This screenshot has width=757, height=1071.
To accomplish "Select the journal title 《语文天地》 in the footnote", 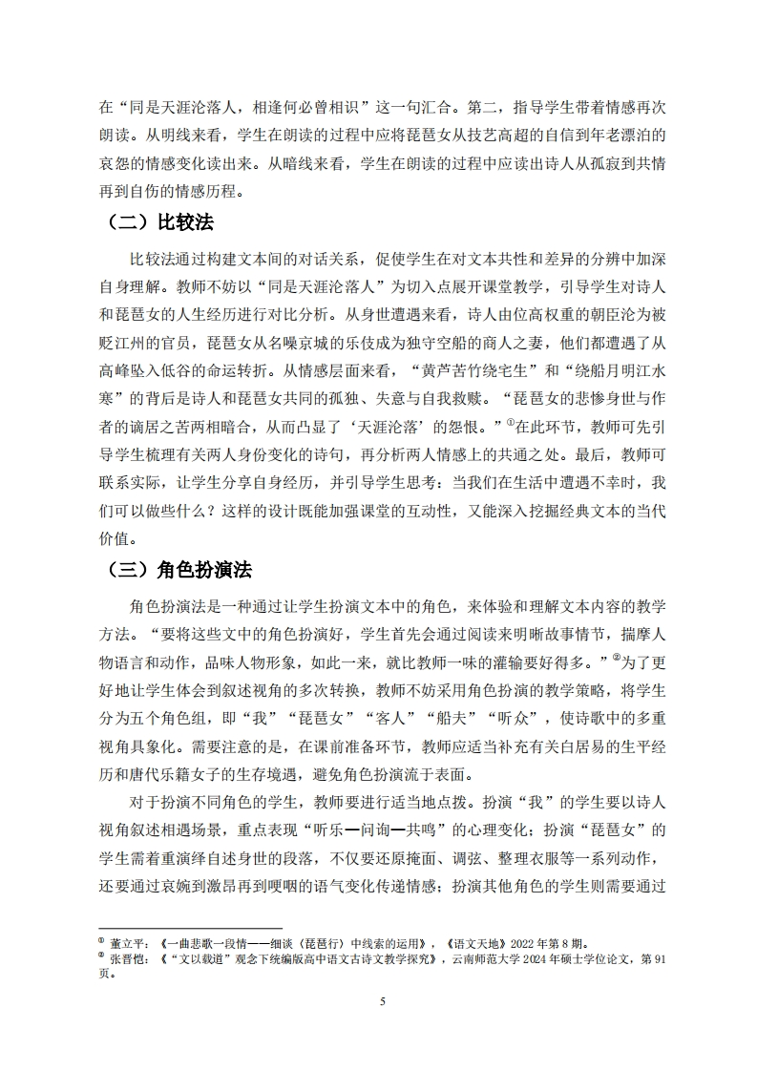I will (491, 941).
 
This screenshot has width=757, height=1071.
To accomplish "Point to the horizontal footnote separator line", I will (190, 927).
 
